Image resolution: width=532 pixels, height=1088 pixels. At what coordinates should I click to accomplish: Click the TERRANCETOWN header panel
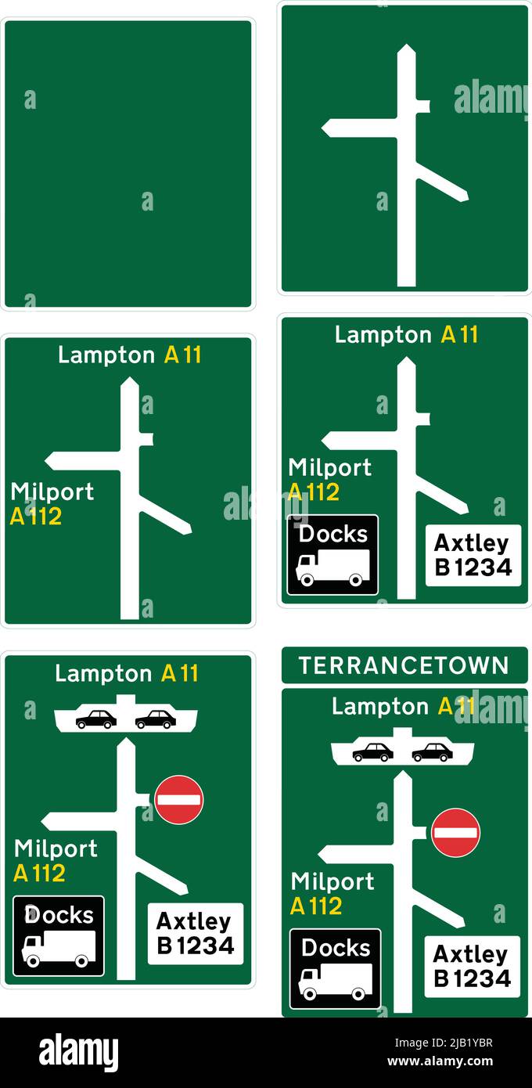pos(404,665)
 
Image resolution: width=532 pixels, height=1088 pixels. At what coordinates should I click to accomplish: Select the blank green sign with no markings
pos(128,164)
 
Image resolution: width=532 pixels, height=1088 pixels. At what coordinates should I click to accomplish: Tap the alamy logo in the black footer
pos(78,1053)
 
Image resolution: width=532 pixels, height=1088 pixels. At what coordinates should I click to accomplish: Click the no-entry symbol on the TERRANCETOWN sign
pos(456,832)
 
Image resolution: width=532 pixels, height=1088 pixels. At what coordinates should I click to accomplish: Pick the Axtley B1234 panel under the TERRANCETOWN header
pos(472,966)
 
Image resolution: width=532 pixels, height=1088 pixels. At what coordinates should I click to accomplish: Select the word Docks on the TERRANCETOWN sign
pos(336,947)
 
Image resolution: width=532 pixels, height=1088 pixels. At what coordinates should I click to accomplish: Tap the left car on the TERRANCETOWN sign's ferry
pos(372,752)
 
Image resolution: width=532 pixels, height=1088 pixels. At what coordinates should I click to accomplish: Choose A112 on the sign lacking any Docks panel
pos(36,517)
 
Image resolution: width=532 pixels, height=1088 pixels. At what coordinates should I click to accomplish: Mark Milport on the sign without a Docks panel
pos(52,492)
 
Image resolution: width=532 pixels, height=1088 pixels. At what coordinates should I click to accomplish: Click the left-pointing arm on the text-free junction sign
pos(360,128)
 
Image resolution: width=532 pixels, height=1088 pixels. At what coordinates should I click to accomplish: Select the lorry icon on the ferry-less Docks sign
pos(332,567)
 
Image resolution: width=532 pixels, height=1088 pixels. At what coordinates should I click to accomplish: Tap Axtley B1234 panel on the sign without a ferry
pos(473,555)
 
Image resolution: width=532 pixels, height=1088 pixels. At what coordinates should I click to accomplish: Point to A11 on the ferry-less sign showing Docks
pos(459,335)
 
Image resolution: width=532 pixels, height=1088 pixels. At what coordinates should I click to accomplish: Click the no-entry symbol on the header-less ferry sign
pos(179,799)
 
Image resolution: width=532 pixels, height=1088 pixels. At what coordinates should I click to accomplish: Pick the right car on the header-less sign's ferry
pos(156,719)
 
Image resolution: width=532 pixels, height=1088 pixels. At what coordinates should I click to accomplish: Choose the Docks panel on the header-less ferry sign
pos(59,935)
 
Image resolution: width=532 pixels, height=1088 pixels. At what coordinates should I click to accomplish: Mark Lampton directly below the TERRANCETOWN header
pos(369,707)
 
